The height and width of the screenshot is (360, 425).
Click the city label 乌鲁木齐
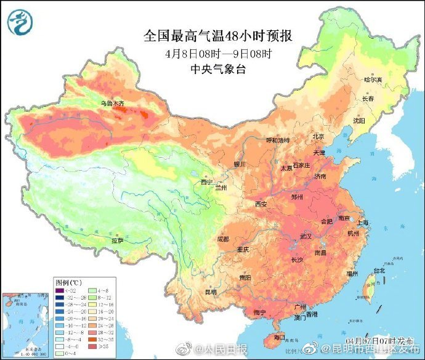(113, 104)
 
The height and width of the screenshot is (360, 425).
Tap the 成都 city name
(223, 239)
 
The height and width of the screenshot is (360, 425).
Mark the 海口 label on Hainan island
(279, 337)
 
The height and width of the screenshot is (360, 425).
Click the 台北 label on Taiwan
(379, 270)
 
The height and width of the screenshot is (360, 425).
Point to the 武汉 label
(306, 237)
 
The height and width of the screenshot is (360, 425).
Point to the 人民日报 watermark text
(231, 348)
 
